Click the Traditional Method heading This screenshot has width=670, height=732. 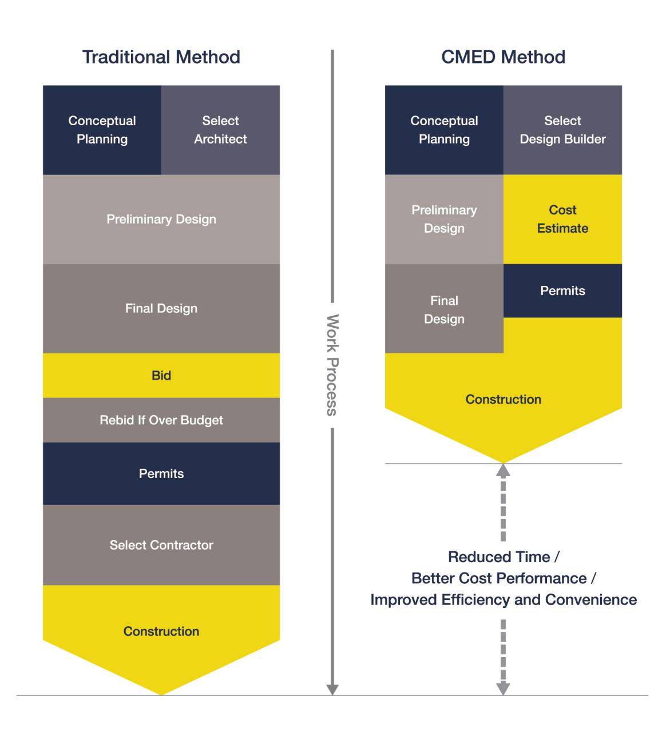pyautogui.click(x=161, y=57)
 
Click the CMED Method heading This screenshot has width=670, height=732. pyautogui.click(x=503, y=57)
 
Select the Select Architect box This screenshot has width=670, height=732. pyautogui.click(x=220, y=130)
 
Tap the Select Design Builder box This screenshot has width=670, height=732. pyautogui.click(x=562, y=130)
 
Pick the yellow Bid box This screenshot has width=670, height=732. pyautogui.click(x=161, y=375)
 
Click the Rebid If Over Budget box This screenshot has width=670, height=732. pyautogui.click(x=161, y=420)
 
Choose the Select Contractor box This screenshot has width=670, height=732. pyautogui.click(x=161, y=545)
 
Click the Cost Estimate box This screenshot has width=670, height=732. pyautogui.click(x=562, y=219)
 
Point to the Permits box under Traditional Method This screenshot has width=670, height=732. pyautogui.click(x=161, y=474)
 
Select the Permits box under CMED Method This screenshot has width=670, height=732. pyautogui.click(x=562, y=291)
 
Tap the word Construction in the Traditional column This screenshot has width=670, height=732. pyautogui.click(x=161, y=631)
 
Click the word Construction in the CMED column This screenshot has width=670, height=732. pyautogui.click(x=503, y=399)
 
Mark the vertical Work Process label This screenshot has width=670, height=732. pyautogui.click(x=332, y=364)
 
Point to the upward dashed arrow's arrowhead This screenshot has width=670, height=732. pyautogui.click(x=503, y=470)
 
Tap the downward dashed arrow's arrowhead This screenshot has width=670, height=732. pyautogui.click(x=503, y=689)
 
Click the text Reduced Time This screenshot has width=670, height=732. pyautogui.click(x=498, y=557)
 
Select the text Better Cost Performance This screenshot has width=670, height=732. pyautogui.click(x=499, y=578)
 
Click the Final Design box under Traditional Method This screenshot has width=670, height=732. pyautogui.click(x=161, y=308)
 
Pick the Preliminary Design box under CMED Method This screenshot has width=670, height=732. pyautogui.click(x=444, y=219)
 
